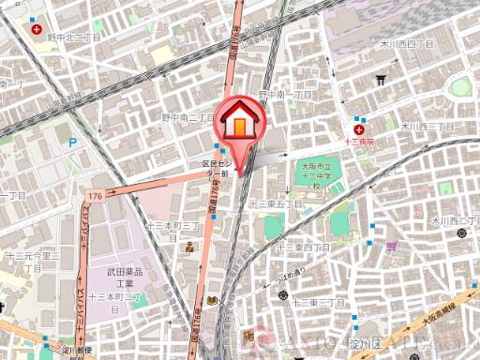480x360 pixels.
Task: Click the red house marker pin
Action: [241, 124]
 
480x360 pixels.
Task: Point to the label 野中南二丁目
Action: [188, 119]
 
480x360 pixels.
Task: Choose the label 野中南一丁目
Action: [286, 96]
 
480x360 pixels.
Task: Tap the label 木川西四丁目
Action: [406, 44]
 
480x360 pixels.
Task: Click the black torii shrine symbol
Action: [381, 81]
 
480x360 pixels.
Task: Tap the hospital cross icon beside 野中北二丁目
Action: [37, 30]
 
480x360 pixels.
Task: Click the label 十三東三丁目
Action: [320, 303]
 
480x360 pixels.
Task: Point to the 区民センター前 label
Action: [217, 168]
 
